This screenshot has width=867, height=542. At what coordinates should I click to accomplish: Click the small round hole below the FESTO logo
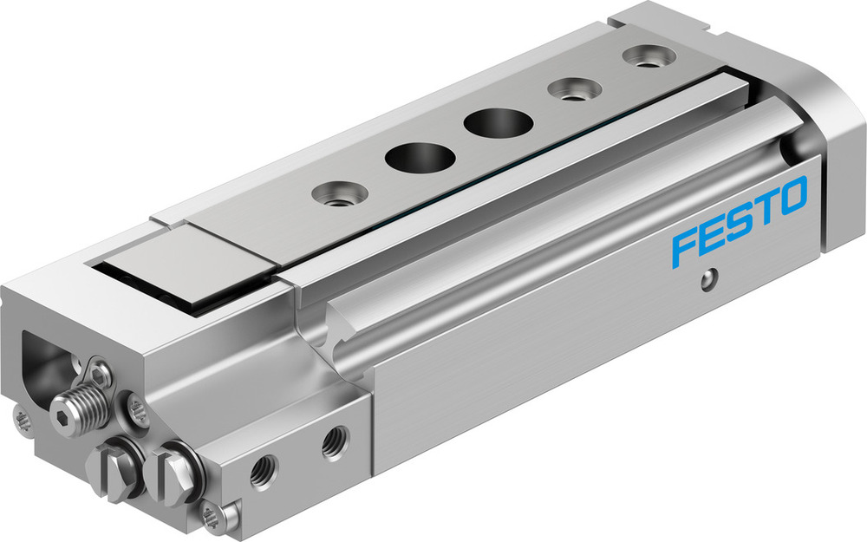click(710, 280)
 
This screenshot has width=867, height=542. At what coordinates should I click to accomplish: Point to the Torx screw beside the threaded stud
click(137, 409)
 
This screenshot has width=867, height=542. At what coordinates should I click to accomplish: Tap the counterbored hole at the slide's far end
click(647, 58)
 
